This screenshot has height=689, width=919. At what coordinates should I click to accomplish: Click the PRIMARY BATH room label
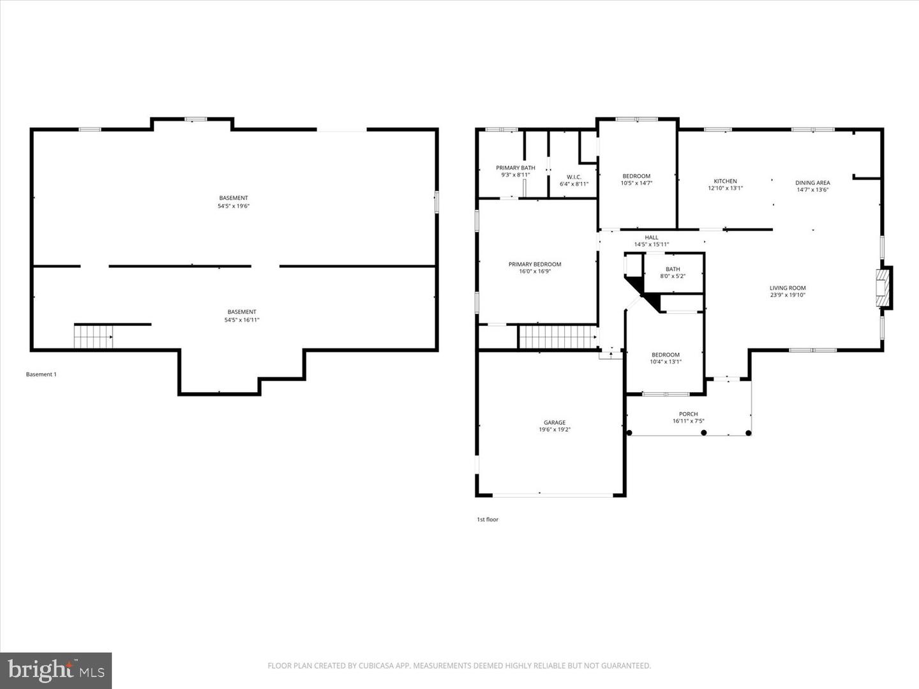pos(515,168)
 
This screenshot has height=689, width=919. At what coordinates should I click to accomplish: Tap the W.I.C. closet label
pos(574,177)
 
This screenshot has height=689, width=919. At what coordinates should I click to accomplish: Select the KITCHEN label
pos(725,181)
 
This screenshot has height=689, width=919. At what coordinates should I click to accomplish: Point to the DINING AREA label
pos(812,183)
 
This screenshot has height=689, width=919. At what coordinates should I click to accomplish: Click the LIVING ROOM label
pos(788,288)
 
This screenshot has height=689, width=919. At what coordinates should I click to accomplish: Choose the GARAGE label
pos(554,422)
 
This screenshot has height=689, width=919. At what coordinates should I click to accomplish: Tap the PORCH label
pos(688,414)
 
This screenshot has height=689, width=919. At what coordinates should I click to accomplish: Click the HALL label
pos(651,237)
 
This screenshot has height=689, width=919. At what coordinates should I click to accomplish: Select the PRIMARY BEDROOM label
pos(535,264)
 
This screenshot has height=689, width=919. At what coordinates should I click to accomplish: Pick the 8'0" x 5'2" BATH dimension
pos(673,276)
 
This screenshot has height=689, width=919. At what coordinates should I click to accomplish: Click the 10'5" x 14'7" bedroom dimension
pos(636,183)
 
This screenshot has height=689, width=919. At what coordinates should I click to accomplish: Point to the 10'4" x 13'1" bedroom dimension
pos(666,362)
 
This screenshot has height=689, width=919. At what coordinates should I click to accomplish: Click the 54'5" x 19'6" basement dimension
pos(234,206)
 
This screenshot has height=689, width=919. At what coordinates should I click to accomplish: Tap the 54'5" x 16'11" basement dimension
pos(242,320)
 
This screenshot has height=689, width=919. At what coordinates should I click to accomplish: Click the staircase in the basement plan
pos(93,336)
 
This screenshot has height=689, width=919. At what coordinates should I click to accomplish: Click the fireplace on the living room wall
pos(883,288)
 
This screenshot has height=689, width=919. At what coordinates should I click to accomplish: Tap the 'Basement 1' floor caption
pos(41,374)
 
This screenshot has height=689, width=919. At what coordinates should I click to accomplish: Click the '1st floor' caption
pos(488,519)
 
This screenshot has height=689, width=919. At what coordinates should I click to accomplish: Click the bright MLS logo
pos(56,670)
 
